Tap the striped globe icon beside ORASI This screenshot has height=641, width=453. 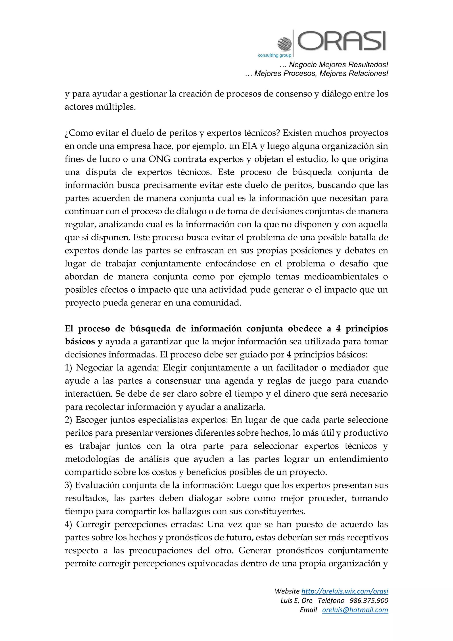(284, 44)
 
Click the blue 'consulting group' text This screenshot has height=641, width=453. (274, 55)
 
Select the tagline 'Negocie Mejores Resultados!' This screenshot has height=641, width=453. (338, 65)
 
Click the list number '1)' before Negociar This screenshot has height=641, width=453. (68, 368)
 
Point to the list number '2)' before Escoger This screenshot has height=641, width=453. (68, 420)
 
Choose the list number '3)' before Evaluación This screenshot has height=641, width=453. (68, 485)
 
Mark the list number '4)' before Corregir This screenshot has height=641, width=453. (68, 524)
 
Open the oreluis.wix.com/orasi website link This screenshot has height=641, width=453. (345, 591)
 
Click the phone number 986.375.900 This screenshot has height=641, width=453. (369, 600)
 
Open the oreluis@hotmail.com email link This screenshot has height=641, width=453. (355, 610)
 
